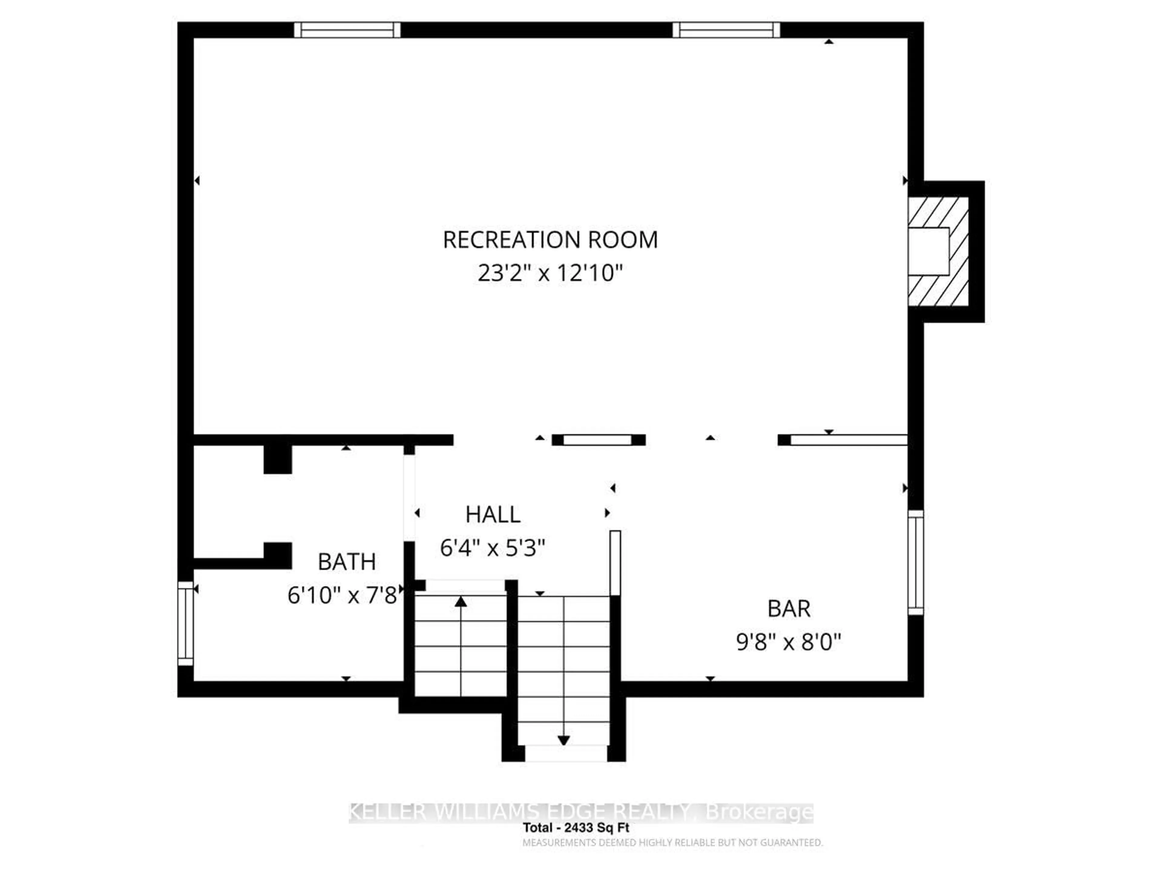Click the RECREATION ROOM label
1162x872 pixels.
point(550,240)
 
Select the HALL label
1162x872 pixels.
point(493,515)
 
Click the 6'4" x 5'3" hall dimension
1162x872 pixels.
point(493,548)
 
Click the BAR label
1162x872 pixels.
point(789,609)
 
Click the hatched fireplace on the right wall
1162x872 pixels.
point(939,251)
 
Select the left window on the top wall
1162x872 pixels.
point(347,30)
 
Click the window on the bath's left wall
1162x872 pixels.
point(185,623)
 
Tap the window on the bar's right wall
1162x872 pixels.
point(916,562)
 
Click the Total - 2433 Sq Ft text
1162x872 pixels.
point(576,828)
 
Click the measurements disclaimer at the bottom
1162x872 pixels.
point(672,843)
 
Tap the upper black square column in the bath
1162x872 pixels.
point(277,459)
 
